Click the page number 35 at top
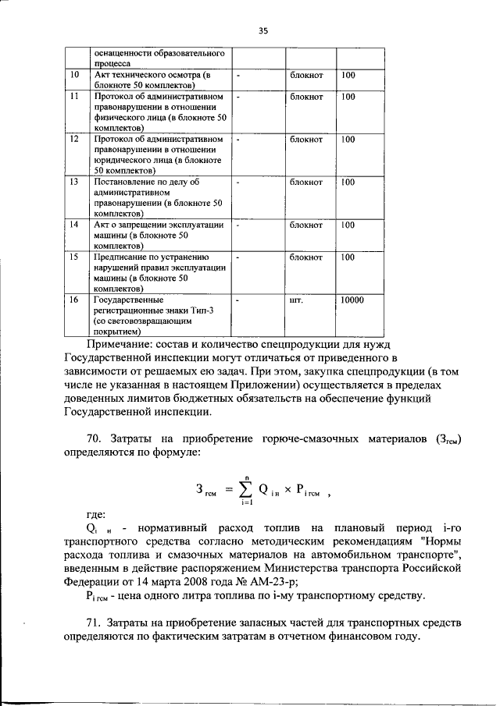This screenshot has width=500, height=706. (x=263, y=30)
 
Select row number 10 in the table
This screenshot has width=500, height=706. (x=74, y=76)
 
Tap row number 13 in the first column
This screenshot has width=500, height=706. (x=74, y=183)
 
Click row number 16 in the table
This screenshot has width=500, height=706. (x=74, y=300)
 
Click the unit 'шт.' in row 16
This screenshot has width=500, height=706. (x=296, y=300)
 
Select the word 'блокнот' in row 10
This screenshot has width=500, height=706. (x=306, y=76)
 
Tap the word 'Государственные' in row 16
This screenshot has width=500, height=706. (x=127, y=300)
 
